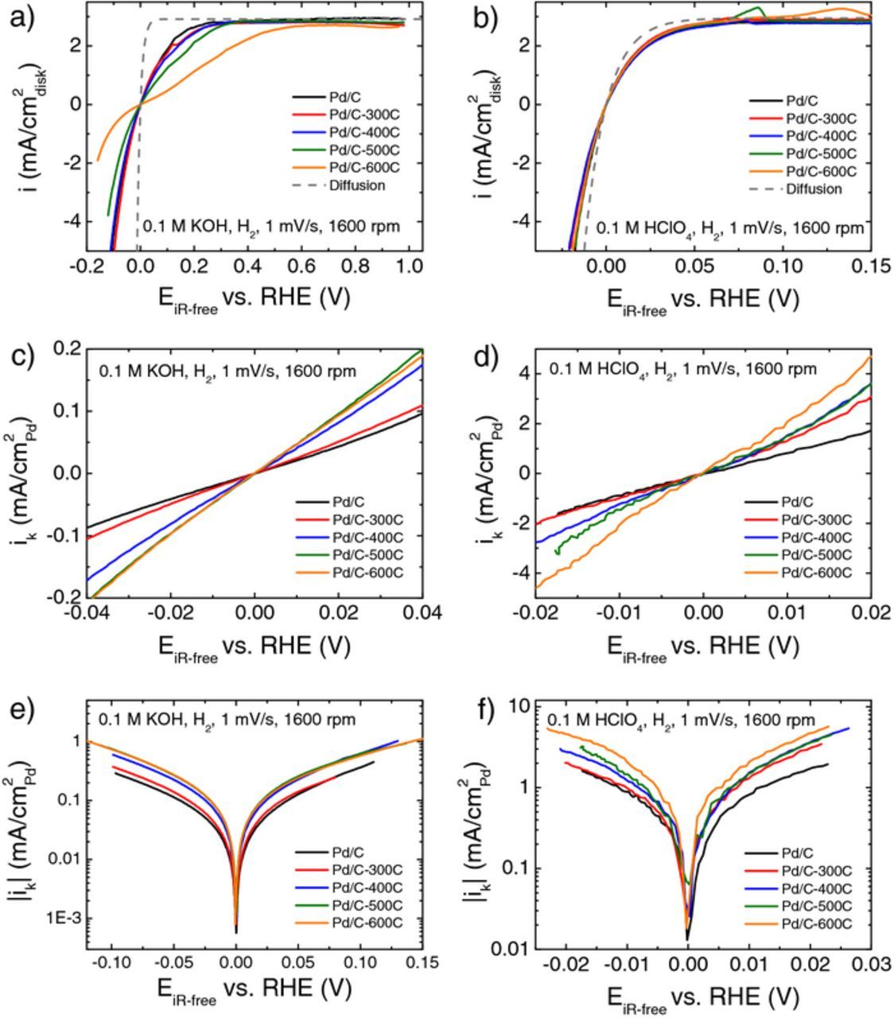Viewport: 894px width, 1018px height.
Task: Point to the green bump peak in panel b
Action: [x=760, y=9]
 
